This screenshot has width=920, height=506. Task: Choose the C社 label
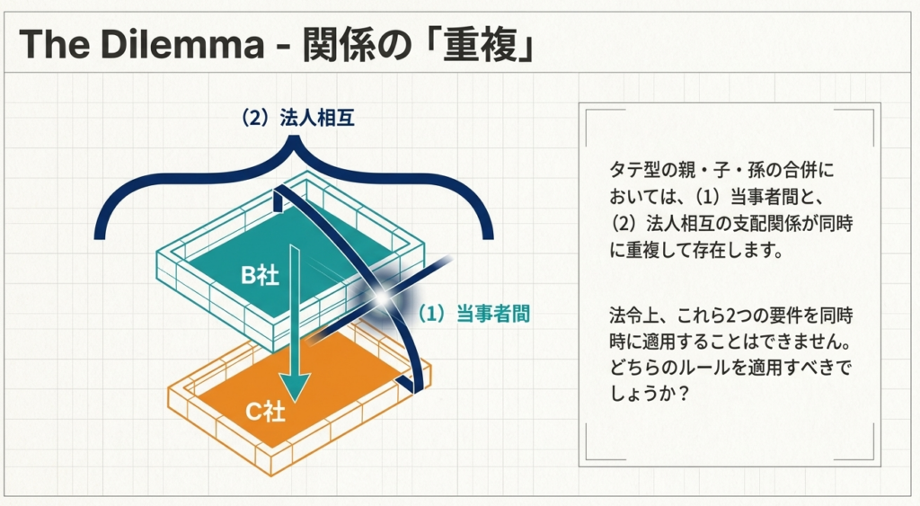[266, 413]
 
